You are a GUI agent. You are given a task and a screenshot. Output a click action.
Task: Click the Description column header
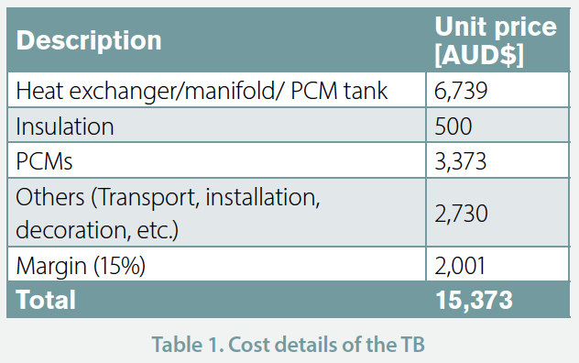(89, 40)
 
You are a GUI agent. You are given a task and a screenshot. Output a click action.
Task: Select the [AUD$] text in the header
(479, 55)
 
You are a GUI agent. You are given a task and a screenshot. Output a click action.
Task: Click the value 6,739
(461, 90)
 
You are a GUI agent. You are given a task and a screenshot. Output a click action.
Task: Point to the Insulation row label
(65, 126)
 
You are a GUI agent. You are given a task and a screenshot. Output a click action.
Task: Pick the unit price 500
(453, 126)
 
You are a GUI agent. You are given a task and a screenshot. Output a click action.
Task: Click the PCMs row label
(44, 161)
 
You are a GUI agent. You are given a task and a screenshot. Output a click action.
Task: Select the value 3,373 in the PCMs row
(461, 161)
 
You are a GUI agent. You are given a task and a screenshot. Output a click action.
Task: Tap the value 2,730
(461, 214)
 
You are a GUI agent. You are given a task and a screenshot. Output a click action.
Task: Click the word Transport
(147, 197)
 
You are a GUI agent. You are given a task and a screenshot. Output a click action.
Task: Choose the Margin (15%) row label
(81, 266)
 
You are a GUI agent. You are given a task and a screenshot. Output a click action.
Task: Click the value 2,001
(460, 266)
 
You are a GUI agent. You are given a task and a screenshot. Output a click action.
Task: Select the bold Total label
(46, 300)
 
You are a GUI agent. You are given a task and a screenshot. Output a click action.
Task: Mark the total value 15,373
(475, 300)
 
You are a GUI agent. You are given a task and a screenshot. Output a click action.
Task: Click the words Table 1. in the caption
(188, 345)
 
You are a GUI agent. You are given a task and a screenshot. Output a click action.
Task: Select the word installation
(263, 197)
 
